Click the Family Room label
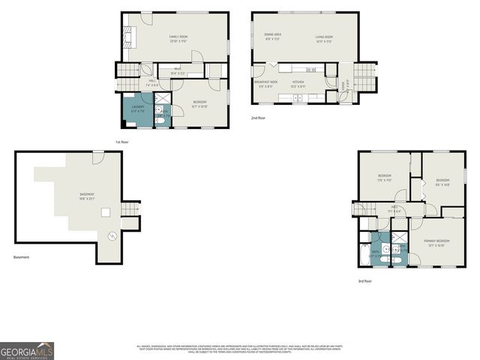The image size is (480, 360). (x=178, y=37)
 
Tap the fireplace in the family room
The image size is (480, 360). (x=126, y=37)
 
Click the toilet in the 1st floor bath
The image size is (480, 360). (x=159, y=118)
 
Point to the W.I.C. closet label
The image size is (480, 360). (x=178, y=72)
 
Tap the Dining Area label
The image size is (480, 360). (x=272, y=35)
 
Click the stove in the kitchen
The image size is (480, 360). (x=310, y=70)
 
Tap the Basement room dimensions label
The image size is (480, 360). (x=88, y=198)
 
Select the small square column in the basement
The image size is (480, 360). (x=106, y=212)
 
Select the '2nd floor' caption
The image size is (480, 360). (x=258, y=118)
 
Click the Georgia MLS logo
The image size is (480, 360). (x=27, y=350)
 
